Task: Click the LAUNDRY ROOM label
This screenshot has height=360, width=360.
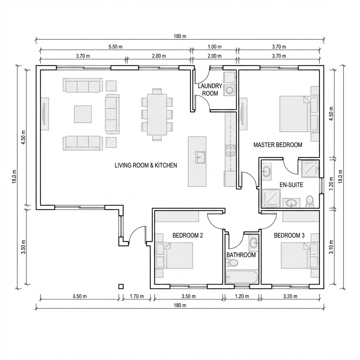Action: point(210,90)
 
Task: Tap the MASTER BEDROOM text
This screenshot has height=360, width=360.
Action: point(278,145)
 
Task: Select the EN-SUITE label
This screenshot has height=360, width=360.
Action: point(291,185)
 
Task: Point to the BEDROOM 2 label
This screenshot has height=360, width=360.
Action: point(188,235)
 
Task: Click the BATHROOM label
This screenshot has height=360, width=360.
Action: point(241,255)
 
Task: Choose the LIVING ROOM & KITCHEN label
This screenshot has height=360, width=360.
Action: point(146,165)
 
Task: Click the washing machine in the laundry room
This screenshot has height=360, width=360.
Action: point(230,90)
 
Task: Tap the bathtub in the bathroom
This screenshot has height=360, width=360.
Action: point(242,277)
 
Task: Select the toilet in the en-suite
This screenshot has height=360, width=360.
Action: point(309,201)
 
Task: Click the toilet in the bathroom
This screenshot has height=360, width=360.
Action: point(231,263)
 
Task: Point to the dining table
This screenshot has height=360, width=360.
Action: point(157,114)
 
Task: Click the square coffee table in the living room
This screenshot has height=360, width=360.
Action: point(83,114)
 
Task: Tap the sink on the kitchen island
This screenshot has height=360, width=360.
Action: point(200,157)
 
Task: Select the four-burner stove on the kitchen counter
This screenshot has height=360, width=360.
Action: point(231,150)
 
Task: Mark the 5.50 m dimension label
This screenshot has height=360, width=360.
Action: point(115,47)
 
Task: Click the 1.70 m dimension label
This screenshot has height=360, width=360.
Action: point(137,296)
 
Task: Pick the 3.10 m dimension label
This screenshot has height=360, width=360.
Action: point(331,247)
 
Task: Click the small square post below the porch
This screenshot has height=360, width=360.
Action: point(121,286)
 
